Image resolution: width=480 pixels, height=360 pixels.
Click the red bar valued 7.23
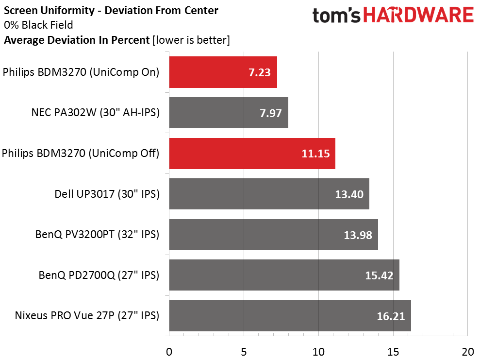tap(223, 72)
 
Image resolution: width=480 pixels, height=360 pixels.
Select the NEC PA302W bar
tap(229, 113)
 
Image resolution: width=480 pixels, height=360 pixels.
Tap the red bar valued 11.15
tap(252, 154)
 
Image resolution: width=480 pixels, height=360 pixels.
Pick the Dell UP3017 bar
tap(269, 194)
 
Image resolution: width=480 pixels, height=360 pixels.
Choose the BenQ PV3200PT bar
tap(273, 235)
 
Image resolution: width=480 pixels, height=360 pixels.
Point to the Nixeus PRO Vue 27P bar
tap(290, 316)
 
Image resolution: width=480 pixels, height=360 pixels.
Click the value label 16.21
tap(391, 317)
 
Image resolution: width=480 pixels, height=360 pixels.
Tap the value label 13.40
tap(349, 195)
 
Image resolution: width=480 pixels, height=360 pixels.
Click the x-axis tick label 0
tap(169, 351)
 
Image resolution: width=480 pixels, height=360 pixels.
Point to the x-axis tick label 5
tap(244, 351)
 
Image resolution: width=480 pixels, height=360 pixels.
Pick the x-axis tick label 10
tap(318, 351)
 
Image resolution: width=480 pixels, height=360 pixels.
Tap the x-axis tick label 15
tap(393, 351)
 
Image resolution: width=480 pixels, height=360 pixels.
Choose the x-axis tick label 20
tap(467, 351)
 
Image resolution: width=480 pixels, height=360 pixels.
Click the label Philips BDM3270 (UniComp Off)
tap(81, 154)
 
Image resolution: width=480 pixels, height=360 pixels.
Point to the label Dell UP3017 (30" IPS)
tap(107, 194)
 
